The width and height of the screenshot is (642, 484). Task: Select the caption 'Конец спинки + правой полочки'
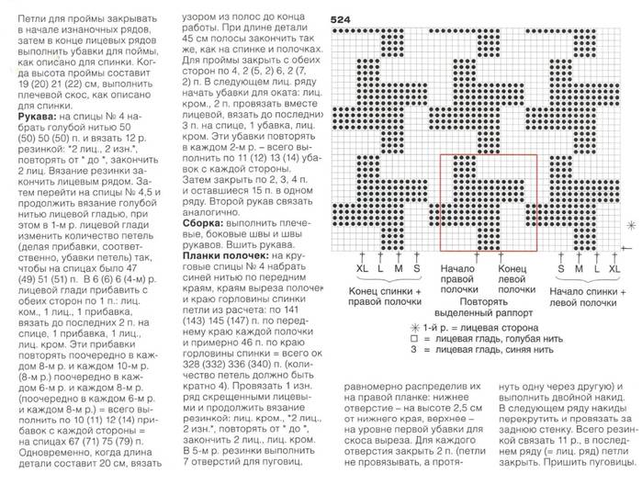point(385,296)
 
